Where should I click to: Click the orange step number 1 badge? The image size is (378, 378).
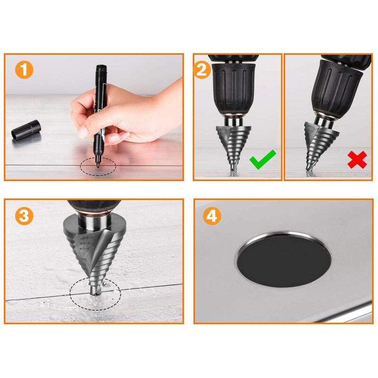coord(24,70)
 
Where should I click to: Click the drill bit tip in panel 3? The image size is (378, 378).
coord(95,292)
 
